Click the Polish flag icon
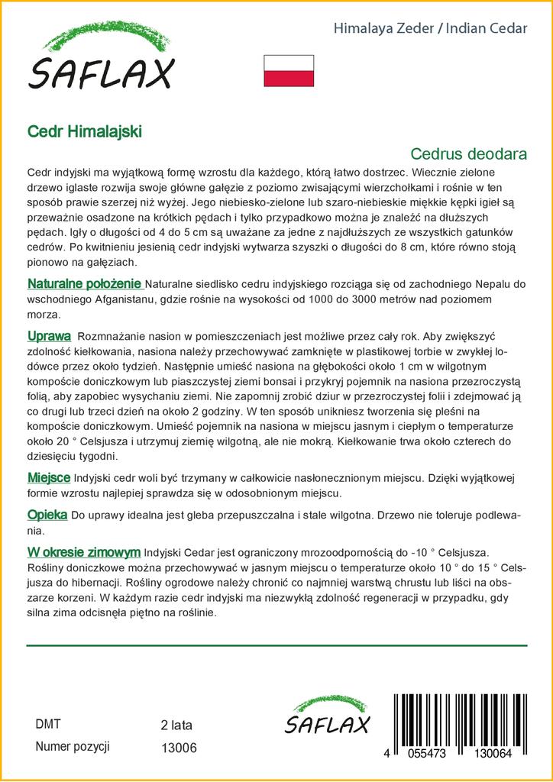tap(289, 70)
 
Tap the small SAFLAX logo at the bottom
tap(327, 716)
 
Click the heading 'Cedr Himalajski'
tap(84, 131)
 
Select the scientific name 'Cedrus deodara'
tap(468, 153)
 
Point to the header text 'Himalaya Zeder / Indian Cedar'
tap(431, 29)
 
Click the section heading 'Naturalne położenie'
tap(85, 284)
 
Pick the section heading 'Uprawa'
tap(50, 336)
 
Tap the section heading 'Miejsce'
tap(49, 477)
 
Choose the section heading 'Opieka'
tap(47, 515)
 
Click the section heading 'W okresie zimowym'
tap(83, 551)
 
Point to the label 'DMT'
tap(48, 724)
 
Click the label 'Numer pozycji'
tap(73, 747)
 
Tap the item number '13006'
tap(179, 748)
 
